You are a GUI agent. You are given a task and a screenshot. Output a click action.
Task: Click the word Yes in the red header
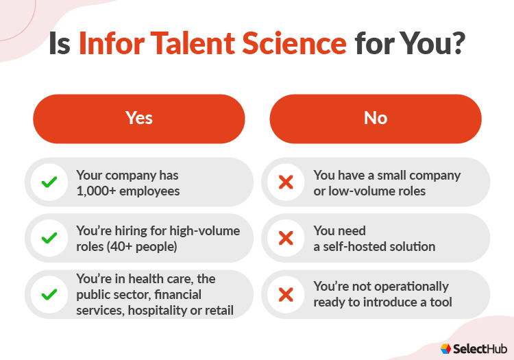(x=139, y=118)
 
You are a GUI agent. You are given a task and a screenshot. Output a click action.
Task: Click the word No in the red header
(x=376, y=118)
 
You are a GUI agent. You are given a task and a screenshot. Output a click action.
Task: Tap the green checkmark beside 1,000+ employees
(x=49, y=182)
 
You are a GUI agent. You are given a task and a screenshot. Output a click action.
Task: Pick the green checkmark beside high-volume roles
(x=49, y=238)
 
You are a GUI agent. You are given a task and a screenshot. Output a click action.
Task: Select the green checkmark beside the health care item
(x=49, y=294)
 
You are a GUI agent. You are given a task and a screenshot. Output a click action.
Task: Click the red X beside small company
(x=286, y=182)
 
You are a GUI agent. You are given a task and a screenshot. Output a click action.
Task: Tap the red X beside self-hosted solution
(x=286, y=238)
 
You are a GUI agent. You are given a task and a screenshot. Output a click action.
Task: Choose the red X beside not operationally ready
(x=286, y=294)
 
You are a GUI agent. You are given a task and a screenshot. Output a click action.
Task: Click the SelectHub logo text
(x=478, y=348)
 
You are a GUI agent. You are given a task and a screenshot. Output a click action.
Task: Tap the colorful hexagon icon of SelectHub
(x=446, y=348)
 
